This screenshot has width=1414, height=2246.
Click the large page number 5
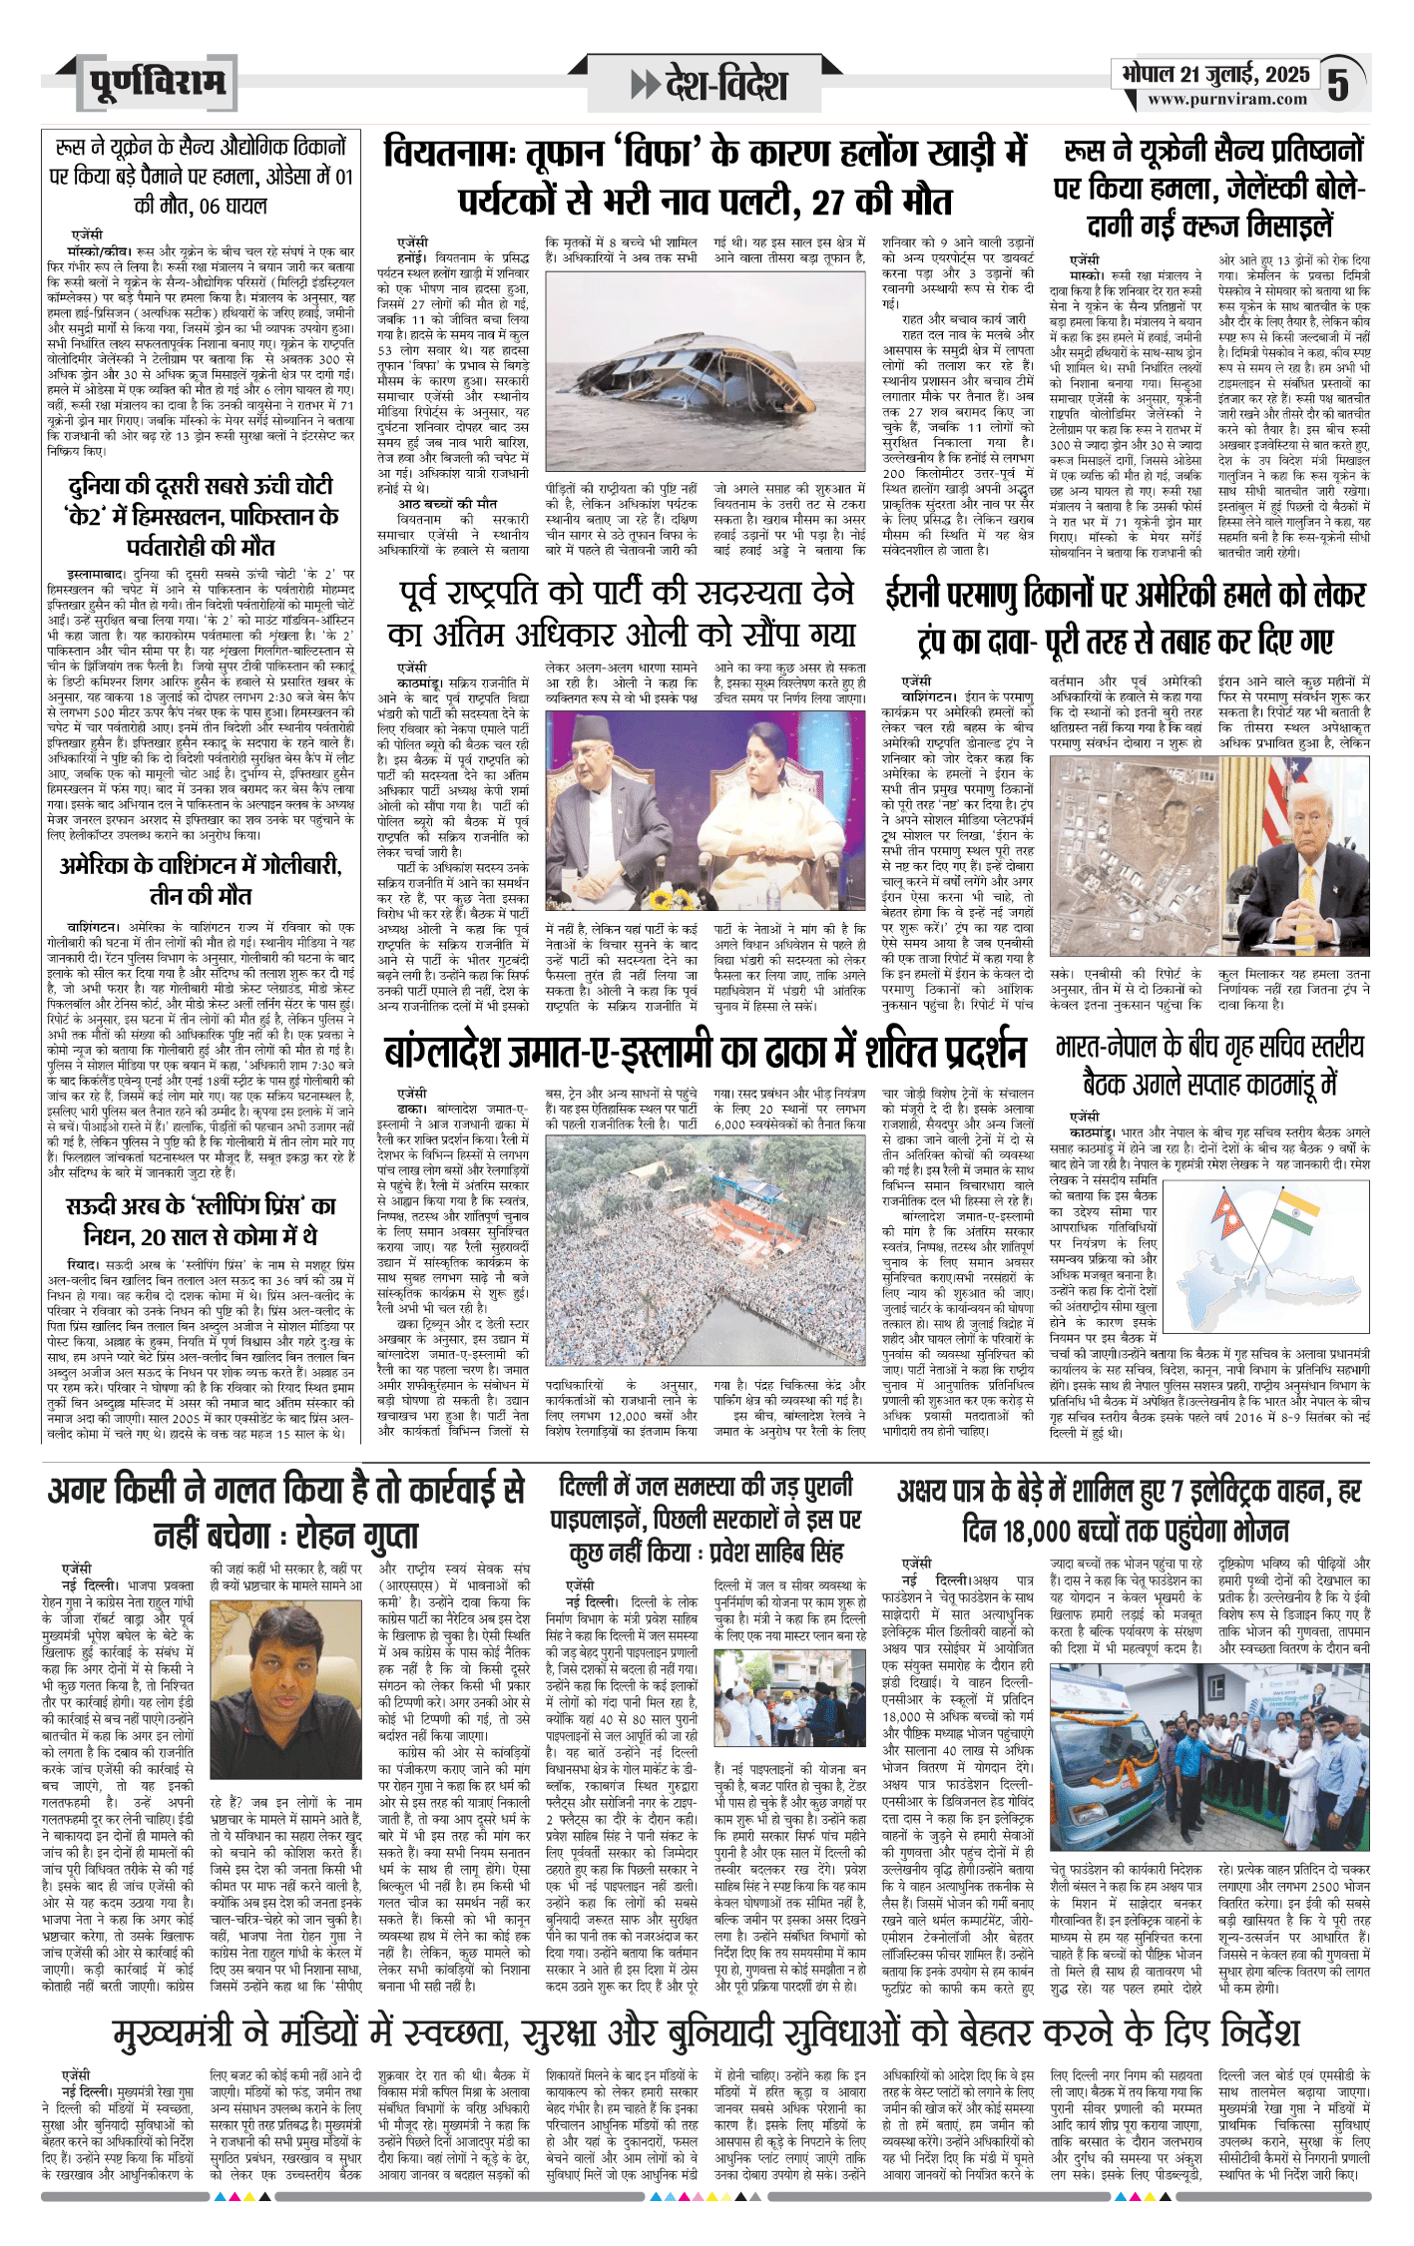click(1338, 85)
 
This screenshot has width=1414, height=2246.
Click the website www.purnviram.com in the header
click(1226, 99)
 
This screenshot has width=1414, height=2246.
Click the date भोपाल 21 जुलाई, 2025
click(1214, 74)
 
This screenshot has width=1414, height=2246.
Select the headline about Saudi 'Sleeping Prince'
click(201, 1220)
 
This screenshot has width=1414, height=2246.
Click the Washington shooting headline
click(201, 879)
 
